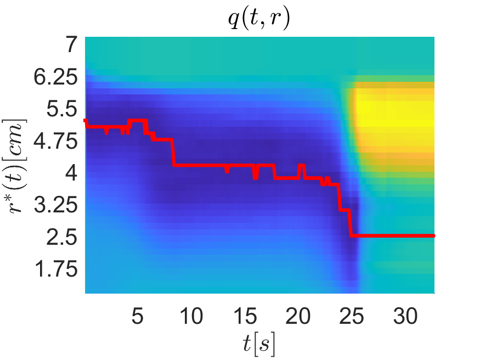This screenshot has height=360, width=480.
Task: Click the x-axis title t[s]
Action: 259,344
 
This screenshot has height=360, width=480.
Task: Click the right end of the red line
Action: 433,235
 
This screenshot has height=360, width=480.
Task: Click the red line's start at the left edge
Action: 86,120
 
